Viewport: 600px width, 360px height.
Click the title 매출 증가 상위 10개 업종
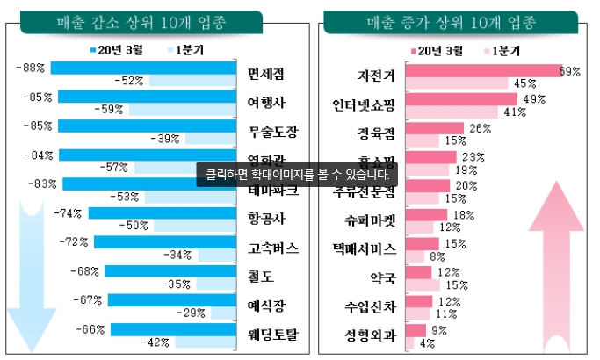pos(452,20)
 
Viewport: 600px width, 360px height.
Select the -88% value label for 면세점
pos(31,68)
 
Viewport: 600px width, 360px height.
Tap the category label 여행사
pos(266,102)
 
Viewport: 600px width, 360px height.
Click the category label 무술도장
pos(273,132)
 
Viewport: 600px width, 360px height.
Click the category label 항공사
pos(266,218)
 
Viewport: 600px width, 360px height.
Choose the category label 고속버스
pos(273,248)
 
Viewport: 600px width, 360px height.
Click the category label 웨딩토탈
pos(273,334)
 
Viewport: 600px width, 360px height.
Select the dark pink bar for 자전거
pos(484,71)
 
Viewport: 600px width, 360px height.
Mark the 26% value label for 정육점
pos(480,128)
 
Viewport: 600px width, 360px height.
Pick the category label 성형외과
pos(371,335)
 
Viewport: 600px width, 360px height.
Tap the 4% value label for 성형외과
pos(428,343)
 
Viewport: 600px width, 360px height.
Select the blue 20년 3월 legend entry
pos(118,49)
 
